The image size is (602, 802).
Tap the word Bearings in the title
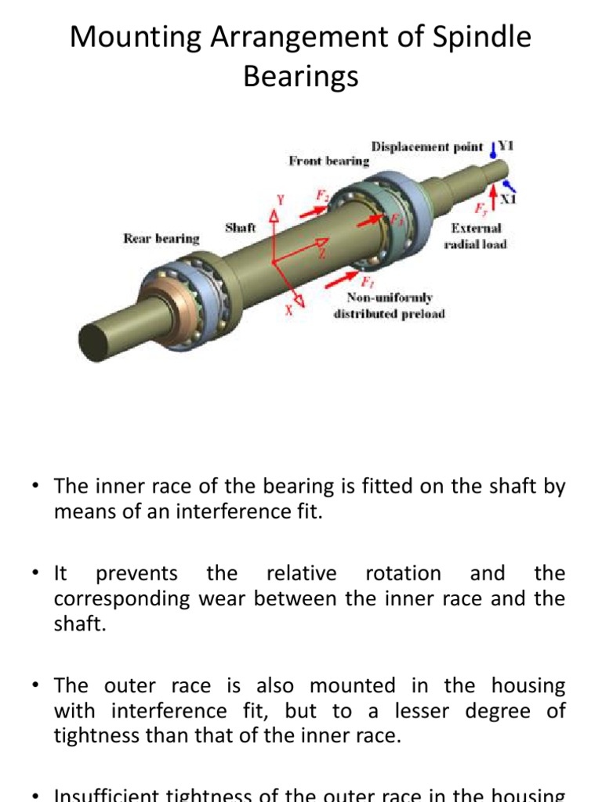point(301,76)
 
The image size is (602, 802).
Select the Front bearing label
point(328,161)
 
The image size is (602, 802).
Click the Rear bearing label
point(161,238)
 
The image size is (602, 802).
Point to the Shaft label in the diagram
point(241,228)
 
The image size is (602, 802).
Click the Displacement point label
point(426,146)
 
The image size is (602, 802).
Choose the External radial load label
point(478,236)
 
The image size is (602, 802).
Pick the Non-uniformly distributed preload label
point(390,306)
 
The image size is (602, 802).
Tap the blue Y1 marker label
point(506,146)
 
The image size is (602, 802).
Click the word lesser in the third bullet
point(461,712)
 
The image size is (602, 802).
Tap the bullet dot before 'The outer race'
point(35,686)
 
